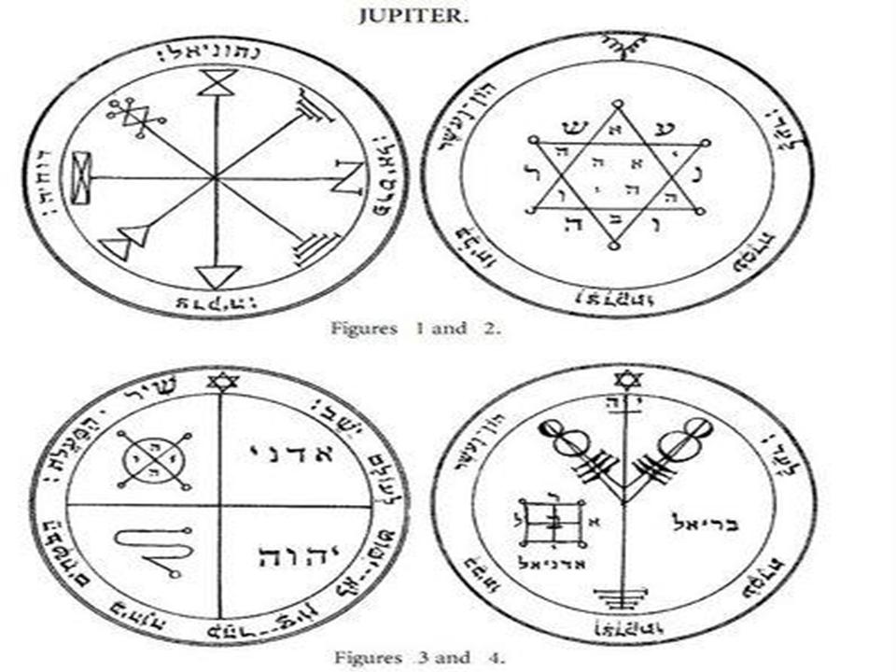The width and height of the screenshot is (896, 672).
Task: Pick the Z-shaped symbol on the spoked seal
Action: click(348, 176)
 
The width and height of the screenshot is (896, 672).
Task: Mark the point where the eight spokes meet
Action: click(216, 176)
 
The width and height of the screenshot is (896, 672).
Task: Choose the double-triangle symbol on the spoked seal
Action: click(124, 241)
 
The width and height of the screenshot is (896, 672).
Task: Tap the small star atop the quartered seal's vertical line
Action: click(220, 381)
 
